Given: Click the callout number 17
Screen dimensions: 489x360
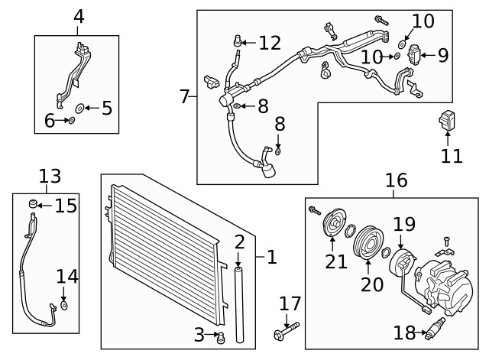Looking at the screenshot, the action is (x=290, y=303).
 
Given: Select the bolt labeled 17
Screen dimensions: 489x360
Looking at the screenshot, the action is (x=287, y=331).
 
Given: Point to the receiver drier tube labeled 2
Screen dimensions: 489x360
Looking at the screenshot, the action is (x=239, y=304).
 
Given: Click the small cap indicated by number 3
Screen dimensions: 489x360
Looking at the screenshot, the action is (x=221, y=338).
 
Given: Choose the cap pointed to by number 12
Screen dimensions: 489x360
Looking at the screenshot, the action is (x=238, y=41).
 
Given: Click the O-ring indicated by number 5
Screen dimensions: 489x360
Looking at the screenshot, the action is (x=79, y=109).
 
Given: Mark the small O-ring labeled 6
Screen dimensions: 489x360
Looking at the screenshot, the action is (x=71, y=121).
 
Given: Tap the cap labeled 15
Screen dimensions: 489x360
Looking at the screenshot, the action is (x=33, y=204).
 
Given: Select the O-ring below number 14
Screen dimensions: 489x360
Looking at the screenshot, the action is (x=63, y=306).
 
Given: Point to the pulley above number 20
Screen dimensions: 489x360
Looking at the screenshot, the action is (x=368, y=242).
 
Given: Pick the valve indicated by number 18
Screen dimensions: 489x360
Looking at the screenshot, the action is (x=435, y=328).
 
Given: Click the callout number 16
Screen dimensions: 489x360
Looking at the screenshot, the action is (x=397, y=180).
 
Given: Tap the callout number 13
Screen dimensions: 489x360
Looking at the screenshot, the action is (x=50, y=177).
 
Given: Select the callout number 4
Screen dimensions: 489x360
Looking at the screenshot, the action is (x=79, y=17).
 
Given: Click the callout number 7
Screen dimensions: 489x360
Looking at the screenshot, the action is (x=185, y=96).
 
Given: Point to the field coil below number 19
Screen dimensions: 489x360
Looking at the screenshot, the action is (x=403, y=265).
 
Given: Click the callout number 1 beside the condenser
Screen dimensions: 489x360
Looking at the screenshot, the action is (x=272, y=257).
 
